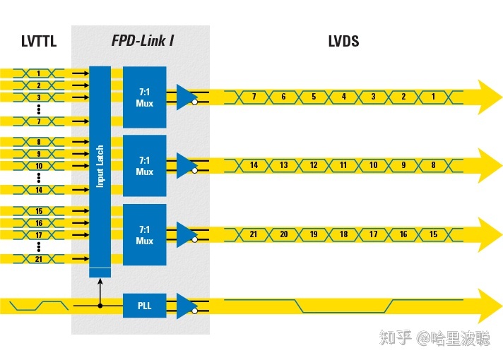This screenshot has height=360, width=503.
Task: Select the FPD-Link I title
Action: coord(142,41)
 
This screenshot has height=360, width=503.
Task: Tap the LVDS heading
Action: coord(343,41)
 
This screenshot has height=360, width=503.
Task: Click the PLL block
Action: coord(144,306)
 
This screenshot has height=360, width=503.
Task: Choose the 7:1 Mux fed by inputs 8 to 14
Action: coord(144,167)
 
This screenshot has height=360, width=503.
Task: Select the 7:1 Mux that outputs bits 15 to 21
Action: coord(144,235)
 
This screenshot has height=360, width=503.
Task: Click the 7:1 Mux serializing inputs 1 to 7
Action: coord(144,97)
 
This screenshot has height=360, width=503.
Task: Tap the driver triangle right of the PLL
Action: coord(186,306)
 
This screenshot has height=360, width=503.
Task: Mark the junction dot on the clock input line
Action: coord(100,306)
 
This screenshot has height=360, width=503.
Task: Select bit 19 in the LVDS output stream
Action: coord(314,234)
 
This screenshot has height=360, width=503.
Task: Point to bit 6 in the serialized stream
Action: coord(283,97)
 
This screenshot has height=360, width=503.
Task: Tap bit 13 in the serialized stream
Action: coord(283,165)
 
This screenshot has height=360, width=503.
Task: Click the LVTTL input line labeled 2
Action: coord(38,85)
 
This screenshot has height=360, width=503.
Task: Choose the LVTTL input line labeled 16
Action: coord(38,223)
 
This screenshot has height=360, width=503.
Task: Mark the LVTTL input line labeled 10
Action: coord(38,166)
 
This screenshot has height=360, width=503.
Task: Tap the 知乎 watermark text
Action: coord(395,339)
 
